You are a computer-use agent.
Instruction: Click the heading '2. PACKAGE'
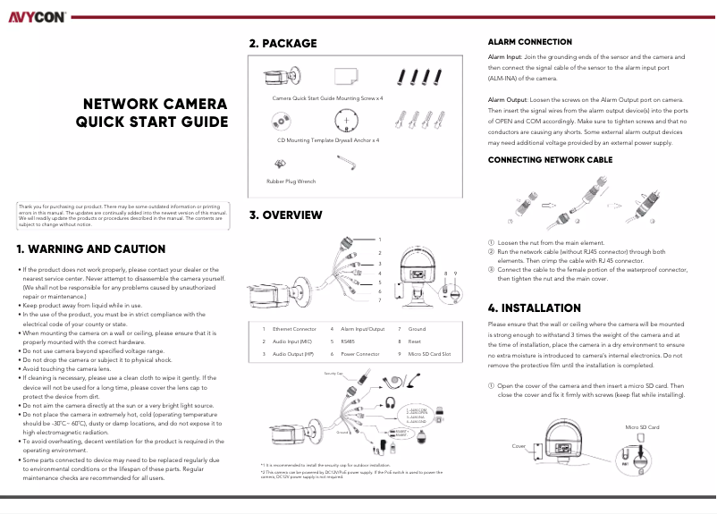(x=283, y=43)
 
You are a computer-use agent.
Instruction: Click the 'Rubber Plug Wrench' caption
(x=291, y=181)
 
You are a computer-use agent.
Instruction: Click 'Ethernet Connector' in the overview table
(x=294, y=329)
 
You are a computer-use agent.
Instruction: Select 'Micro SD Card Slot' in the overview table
(x=429, y=354)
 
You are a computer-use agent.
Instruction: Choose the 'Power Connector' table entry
(x=361, y=354)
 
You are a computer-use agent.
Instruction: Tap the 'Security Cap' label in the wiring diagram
(x=308, y=373)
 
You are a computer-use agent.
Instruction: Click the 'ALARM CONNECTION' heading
(x=529, y=42)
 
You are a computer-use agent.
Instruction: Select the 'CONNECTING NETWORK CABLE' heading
(x=550, y=159)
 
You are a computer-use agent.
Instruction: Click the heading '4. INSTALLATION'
(x=535, y=308)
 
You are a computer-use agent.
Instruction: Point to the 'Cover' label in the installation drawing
(x=519, y=444)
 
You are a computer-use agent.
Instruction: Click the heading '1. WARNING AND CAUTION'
(x=90, y=249)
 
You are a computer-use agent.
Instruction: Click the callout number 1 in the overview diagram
(x=379, y=240)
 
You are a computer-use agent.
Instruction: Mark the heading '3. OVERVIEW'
(x=285, y=215)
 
